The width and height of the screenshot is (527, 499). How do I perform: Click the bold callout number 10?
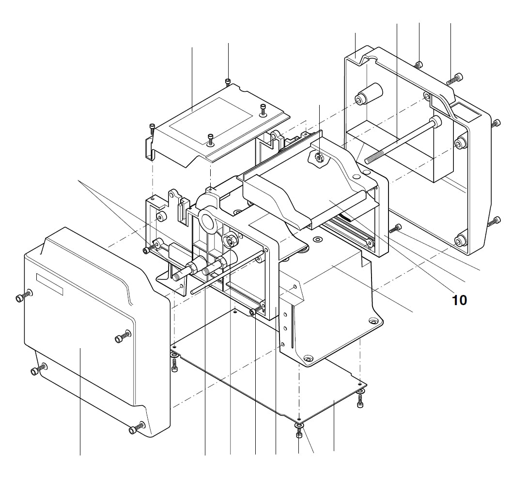pos(459,300)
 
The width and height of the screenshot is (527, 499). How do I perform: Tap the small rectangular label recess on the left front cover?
pos(50,284)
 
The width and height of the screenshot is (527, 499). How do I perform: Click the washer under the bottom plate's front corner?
pos(299,426)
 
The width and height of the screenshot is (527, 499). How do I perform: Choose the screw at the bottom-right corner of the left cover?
pos(135,428)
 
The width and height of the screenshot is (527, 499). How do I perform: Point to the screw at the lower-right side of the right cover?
pos(495,221)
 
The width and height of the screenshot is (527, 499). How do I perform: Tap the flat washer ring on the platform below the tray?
pos(318,239)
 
